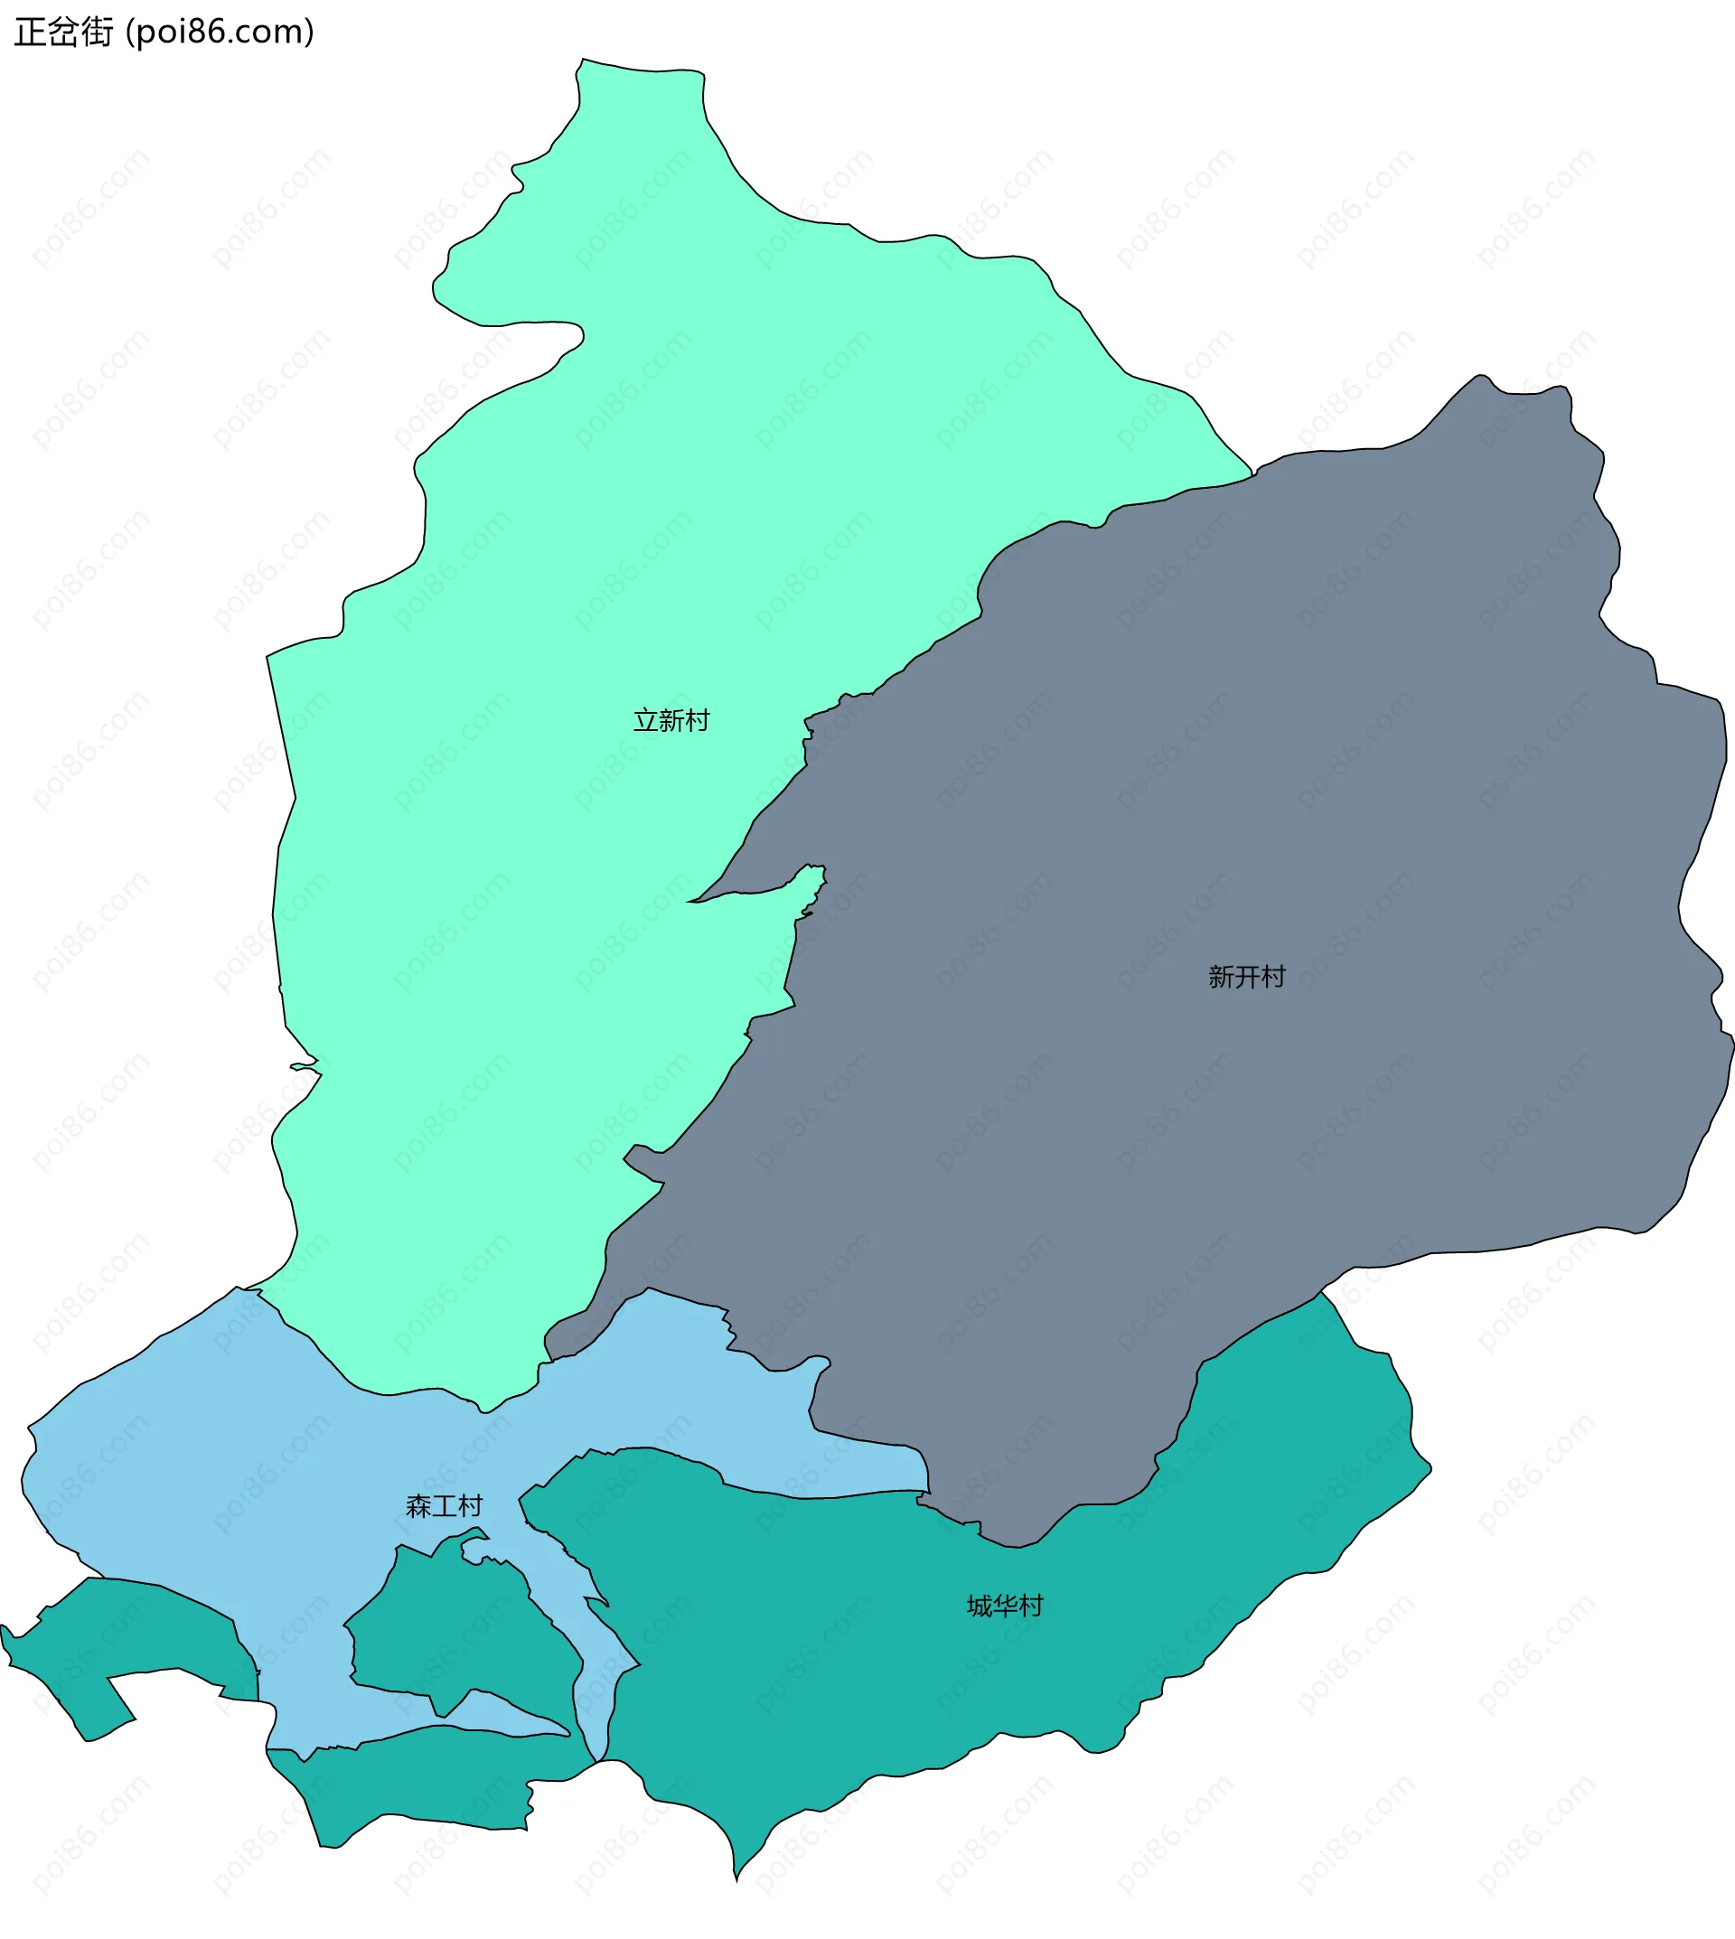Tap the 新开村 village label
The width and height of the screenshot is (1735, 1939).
1246,976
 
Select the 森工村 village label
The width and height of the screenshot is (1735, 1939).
445,1505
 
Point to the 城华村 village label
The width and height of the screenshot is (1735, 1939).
1005,1606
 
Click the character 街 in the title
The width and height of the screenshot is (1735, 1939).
97,32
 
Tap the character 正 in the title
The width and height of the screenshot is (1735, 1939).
30,32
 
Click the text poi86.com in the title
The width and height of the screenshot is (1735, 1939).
220,32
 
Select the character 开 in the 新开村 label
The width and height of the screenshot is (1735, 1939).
1247,976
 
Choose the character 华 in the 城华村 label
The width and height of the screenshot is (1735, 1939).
1006,1606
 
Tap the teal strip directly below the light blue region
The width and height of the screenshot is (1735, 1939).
429,1783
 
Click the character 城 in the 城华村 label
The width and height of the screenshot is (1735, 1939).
980,1606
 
